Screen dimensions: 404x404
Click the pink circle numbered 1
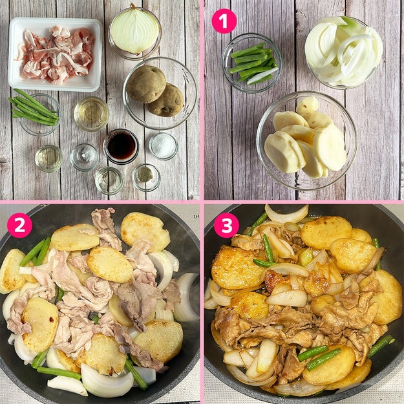[x=224, y=21]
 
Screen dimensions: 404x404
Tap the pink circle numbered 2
[x=20, y=225]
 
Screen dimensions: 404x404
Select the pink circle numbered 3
[x=226, y=225]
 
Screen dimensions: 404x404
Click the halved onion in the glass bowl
[x=134, y=32]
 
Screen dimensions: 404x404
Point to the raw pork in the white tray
[x=56, y=54]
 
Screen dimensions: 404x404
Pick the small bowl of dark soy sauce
[x=121, y=146]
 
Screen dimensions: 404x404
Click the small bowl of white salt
[x=164, y=146]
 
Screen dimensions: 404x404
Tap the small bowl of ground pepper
[x=146, y=178]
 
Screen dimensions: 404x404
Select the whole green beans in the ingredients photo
[x=33, y=108]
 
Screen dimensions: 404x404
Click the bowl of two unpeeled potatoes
[x=160, y=93]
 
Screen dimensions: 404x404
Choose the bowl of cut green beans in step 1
[x=251, y=63]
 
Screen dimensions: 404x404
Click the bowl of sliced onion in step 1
[x=343, y=52]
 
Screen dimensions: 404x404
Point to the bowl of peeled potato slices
[x=306, y=140]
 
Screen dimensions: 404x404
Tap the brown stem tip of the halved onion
[x=133, y=6]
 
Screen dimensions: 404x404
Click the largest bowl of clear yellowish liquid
[x=91, y=114]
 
